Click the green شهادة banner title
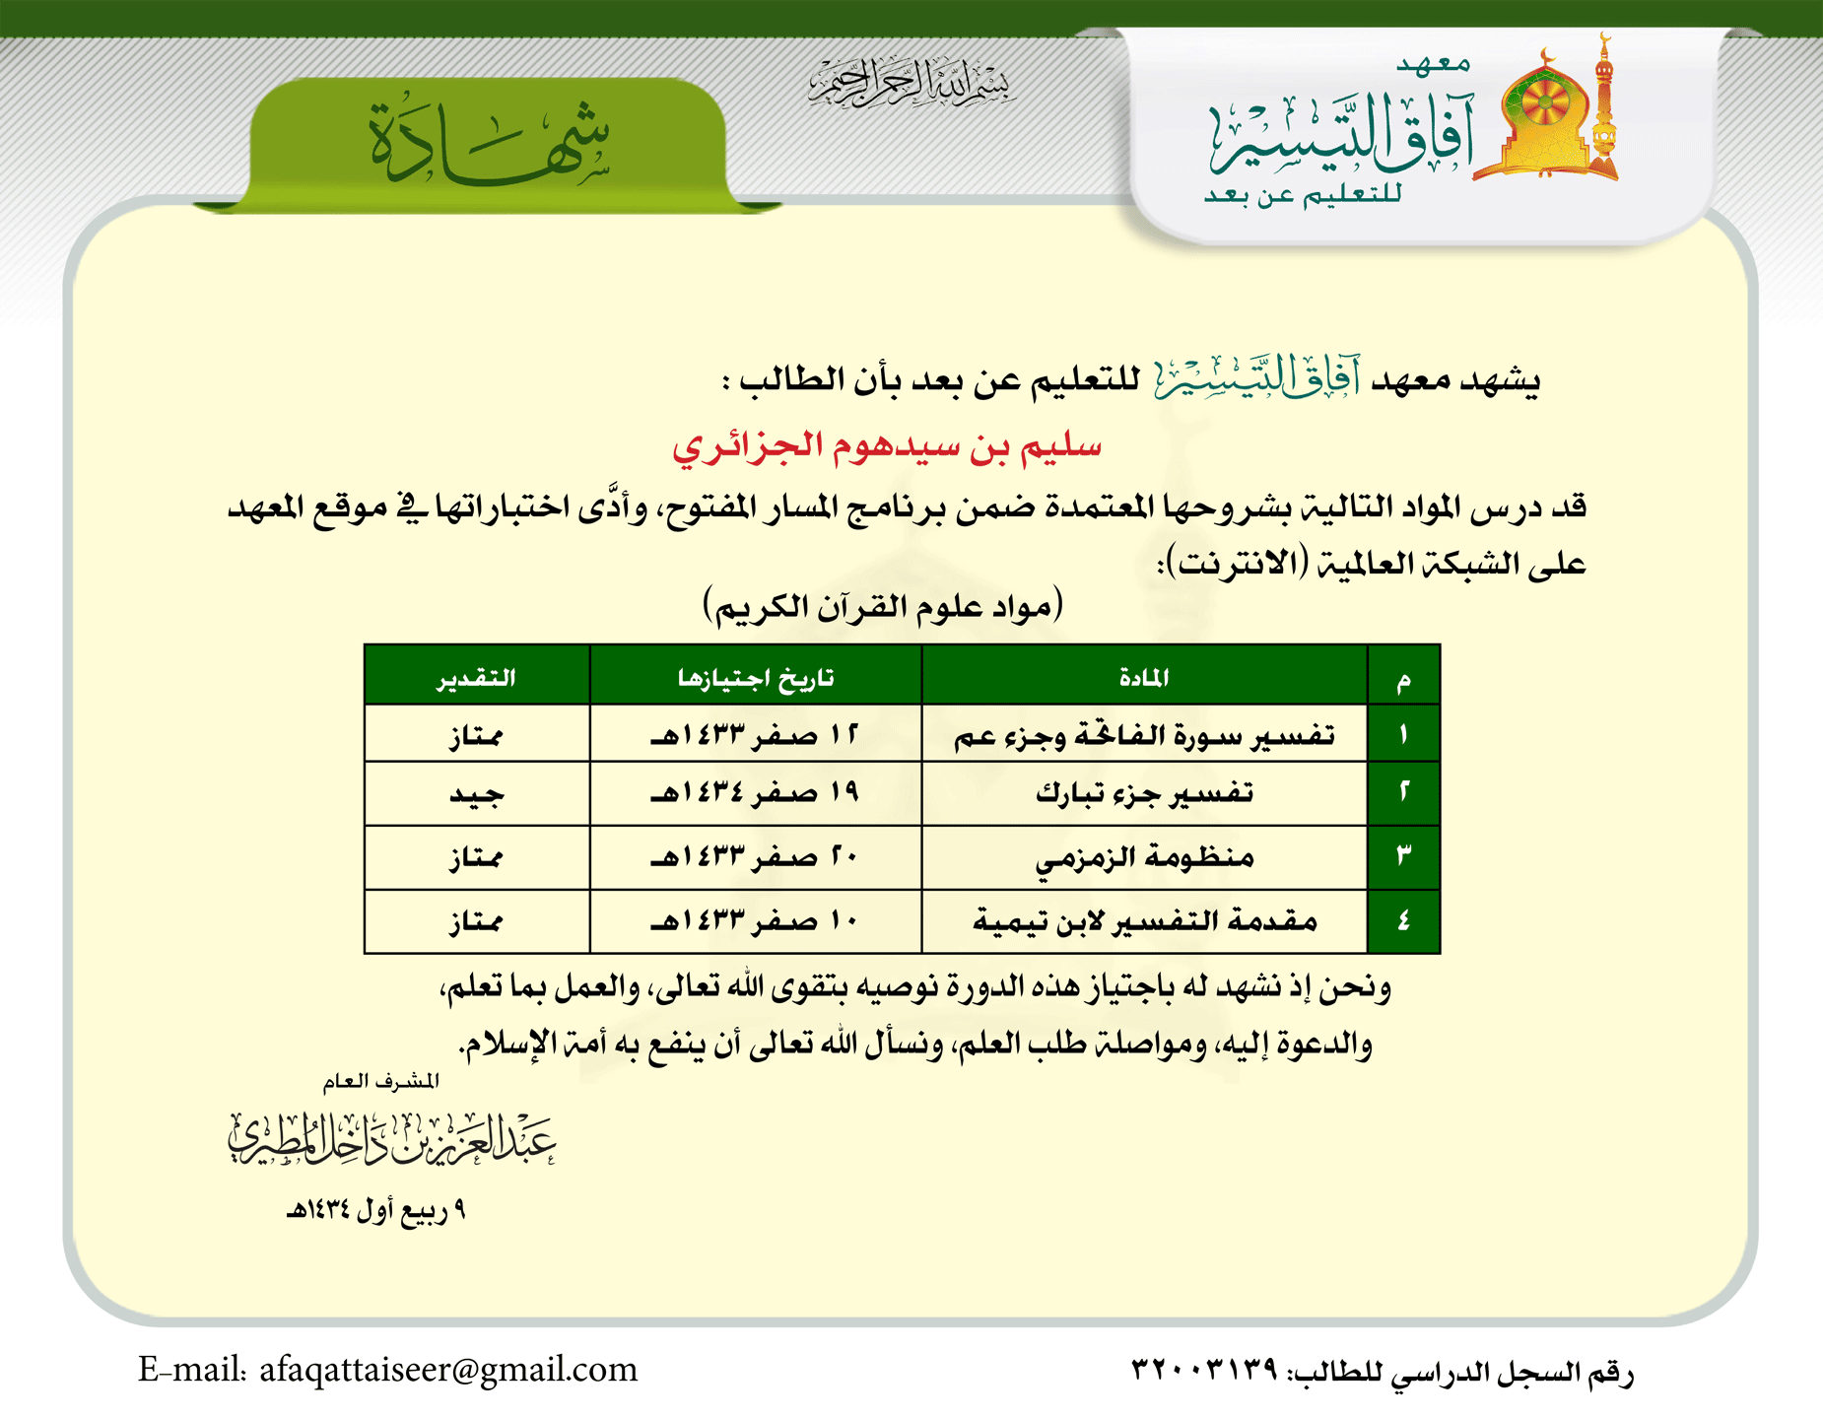point(489,144)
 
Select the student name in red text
point(887,446)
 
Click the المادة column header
point(1144,677)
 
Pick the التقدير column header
point(477,677)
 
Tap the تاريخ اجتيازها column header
point(756,677)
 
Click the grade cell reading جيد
point(477,794)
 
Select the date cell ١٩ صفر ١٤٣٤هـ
point(756,793)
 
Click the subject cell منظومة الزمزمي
point(1144,857)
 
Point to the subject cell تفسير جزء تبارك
point(1144,793)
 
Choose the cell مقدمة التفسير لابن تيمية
point(1144,921)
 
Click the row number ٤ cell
point(1403,921)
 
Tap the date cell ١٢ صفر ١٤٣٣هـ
point(756,735)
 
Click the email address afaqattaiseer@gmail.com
point(448,1370)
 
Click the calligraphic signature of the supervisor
point(392,1140)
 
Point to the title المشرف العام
point(381,1082)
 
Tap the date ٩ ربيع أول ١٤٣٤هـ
point(375,1210)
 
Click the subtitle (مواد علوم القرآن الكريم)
point(883,605)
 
